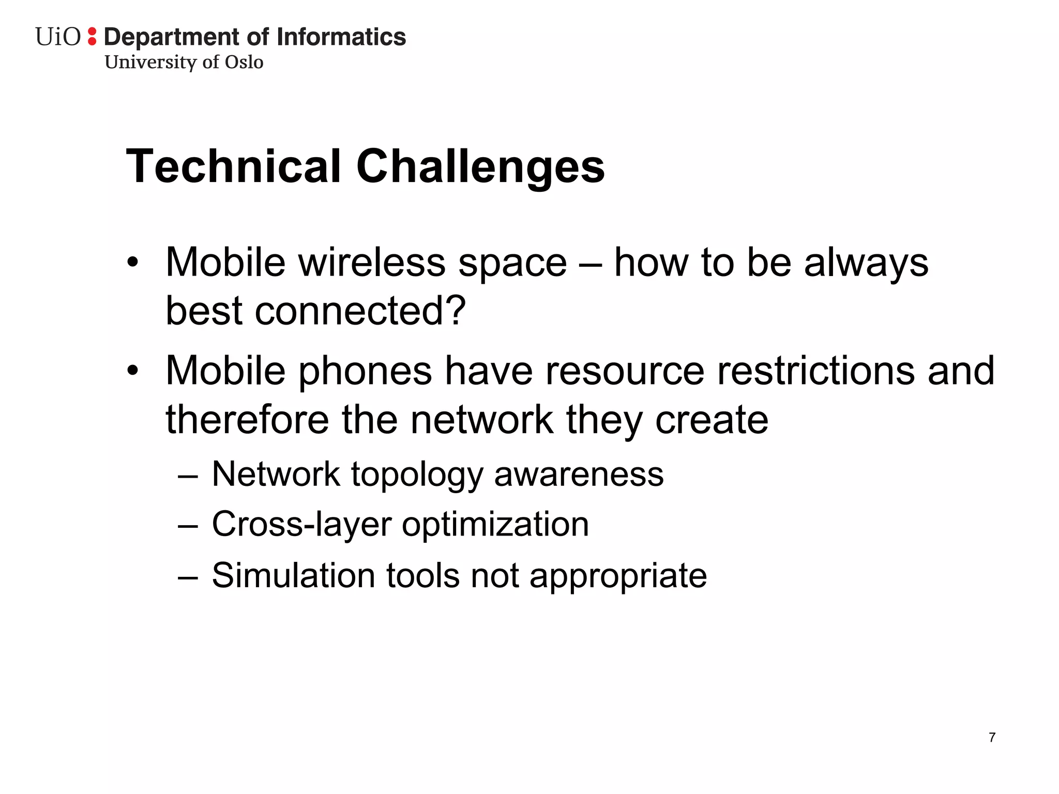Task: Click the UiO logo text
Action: pyautogui.click(x=58, y=37)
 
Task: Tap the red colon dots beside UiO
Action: pyautogui.click(x=92, y=36)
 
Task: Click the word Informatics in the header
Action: pyautogui.click(x=341, y=37)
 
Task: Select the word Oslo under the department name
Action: pyautogui.click(x=244, y=62)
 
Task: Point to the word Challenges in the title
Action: pyautogui.click(x=480, y=166)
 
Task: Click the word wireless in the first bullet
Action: pyautogui.click(x=372, y=263)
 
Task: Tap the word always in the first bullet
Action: pyautogui.click(x=866, y=263)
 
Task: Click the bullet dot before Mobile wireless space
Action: pyautogui.click(x=133, y=262)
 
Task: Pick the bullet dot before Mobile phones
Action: pyautogui.click(x=133, y=371)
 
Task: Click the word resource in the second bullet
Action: pyautogui.click(x=625, y=371)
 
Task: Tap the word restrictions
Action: pyautogui.click(x=815, y=371)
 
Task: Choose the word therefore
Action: pyautogui.click(x=247, y=419)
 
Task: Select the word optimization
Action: pyautogui.click(x=495, y=524)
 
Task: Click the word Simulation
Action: pyautogui.click(x=293, y=575)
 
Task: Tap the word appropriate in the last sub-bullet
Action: pyautogui.click(x=618, y=576)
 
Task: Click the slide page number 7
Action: pyautogui.click(x=992, y=738)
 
